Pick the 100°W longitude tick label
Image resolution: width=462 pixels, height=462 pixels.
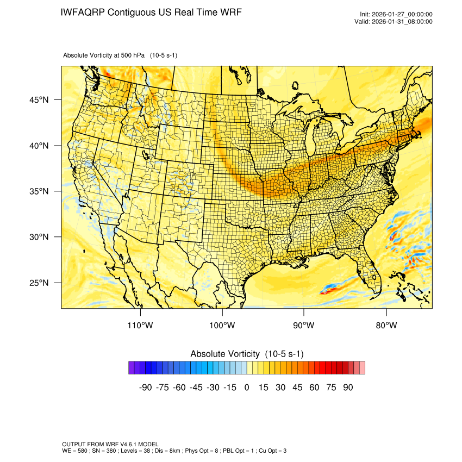(222, 326)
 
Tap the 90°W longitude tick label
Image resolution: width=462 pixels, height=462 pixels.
(304, 326)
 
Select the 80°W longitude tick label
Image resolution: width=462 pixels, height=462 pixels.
(386, 326)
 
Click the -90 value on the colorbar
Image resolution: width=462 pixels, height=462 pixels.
(145, 388)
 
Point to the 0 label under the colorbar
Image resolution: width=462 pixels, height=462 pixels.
(247, 388)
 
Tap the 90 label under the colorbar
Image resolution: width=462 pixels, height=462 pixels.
(348, 388)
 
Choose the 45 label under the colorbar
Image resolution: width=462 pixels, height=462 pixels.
(297, 388)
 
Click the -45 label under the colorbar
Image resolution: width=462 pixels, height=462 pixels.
(196, 388)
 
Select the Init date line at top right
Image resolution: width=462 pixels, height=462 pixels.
(396, 15)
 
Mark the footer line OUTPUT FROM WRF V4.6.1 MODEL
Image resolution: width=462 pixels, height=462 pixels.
(110, 444)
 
